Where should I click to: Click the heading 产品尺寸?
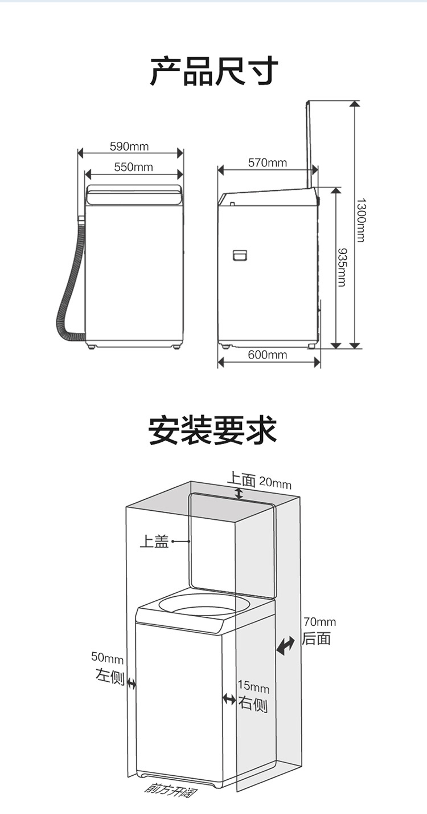tap(213, 72)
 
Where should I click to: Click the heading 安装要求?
tap(212, 430)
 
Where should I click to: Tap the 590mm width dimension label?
tap(129, 146)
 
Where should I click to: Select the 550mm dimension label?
tap(133, 167)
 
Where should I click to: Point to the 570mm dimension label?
tap(268, 163)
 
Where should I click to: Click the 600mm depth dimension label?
tap(268, 355)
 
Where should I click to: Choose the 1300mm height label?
tap(360, 220)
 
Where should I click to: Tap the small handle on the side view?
tap(241, 255)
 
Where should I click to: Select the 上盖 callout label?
tap(154, 541)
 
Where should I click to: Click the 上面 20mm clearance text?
tap(259, 481)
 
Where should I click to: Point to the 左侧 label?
tap(109, 677)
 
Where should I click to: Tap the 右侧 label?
tap(253, 704)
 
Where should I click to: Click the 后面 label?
tap(317, 638)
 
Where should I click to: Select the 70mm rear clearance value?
tap(319, 621)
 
